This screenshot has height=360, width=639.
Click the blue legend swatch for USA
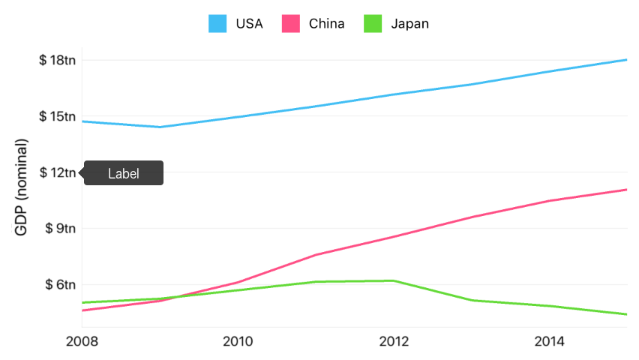[217, 24]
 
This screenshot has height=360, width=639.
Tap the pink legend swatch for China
[290, 24]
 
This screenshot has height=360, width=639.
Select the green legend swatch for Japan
[373, 24]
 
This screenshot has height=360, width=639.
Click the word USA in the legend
[249, 24]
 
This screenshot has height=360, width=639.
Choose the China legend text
[327, 24]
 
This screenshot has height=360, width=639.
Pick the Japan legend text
[410, 24]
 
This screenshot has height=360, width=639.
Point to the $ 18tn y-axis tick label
[57, 60]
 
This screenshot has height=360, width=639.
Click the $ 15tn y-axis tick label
[57, 116]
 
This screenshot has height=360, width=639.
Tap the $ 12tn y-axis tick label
[57, 172]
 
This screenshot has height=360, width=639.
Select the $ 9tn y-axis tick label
[60, 229]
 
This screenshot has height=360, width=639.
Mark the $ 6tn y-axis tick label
[60, 285]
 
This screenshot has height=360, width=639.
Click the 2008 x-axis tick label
[82, 342]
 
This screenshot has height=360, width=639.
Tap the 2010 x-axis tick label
[238, 342]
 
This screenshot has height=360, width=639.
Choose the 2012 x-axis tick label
[394, 342]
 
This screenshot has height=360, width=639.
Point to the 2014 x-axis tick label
[550, 342]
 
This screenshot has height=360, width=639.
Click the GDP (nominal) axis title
[22, 187]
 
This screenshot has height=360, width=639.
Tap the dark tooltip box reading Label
[124, 173]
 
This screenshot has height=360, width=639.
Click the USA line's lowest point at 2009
[160, 127]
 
